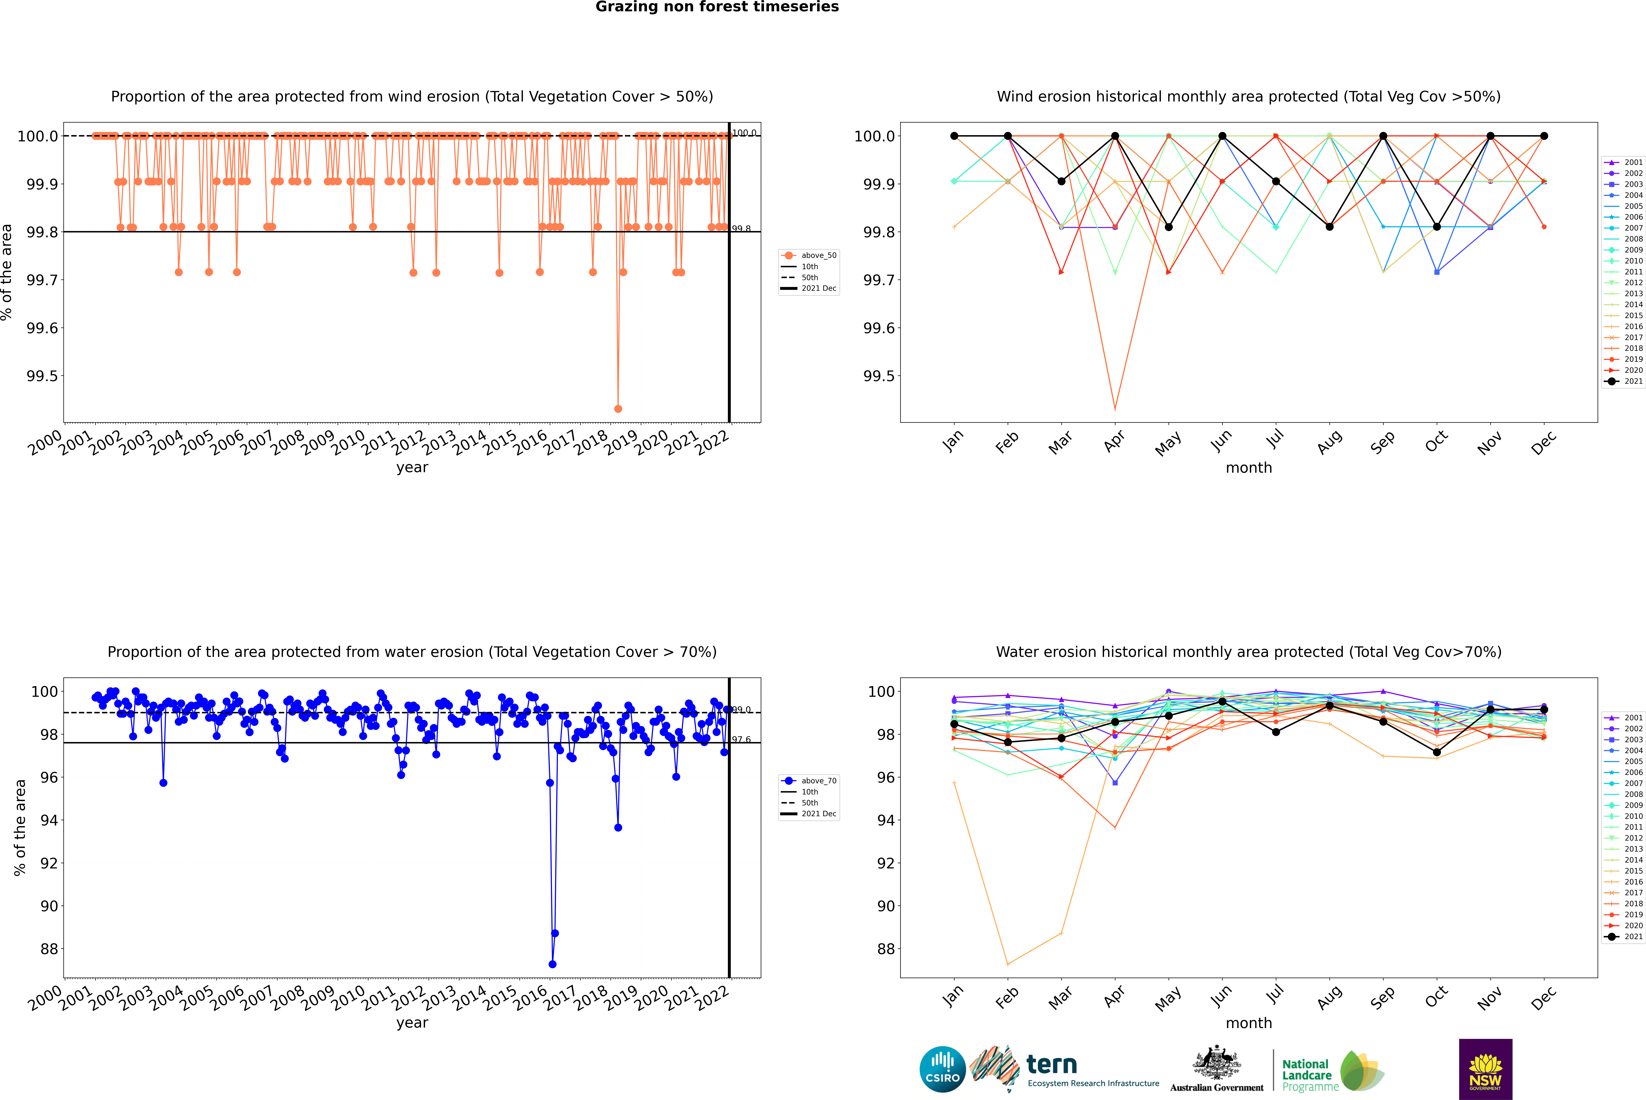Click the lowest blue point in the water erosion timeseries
coord(552,964)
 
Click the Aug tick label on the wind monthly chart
coord(1330,442)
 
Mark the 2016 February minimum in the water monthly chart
coord(1007,964)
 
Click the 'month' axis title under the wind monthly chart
coord(1248,468)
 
